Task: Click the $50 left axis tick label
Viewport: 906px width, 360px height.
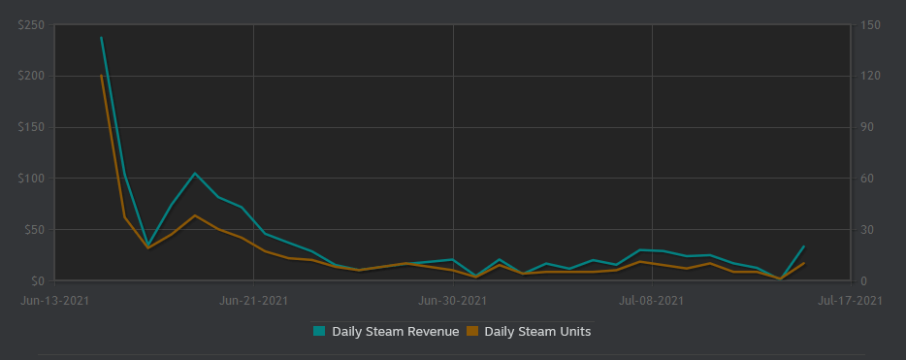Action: [32, 230]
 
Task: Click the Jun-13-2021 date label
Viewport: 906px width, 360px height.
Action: [55, 301]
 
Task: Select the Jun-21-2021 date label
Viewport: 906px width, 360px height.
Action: [253, 301]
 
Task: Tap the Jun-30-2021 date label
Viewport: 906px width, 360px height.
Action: [453, 301]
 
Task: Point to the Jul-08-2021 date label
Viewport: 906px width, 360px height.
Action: [652, 301]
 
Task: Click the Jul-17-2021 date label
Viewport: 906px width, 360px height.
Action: [851, 301]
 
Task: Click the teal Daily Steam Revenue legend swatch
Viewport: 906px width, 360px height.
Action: [319, 331]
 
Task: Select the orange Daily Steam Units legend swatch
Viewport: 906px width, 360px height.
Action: [472, 331]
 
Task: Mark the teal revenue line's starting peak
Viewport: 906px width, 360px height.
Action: [101, 38]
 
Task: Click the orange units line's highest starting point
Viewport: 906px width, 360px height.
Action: [101, 75]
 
